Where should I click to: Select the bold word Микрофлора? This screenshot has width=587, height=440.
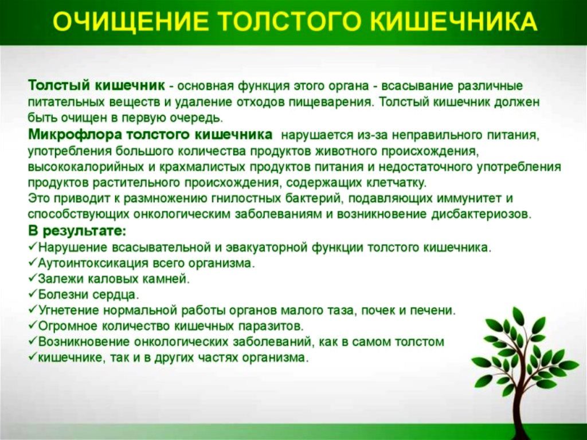(75, 135)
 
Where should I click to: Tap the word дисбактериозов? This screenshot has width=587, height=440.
(481, 215)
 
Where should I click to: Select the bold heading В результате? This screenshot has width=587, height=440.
(77, 231)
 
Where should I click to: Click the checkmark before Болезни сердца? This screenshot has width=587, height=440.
(33, 294)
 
